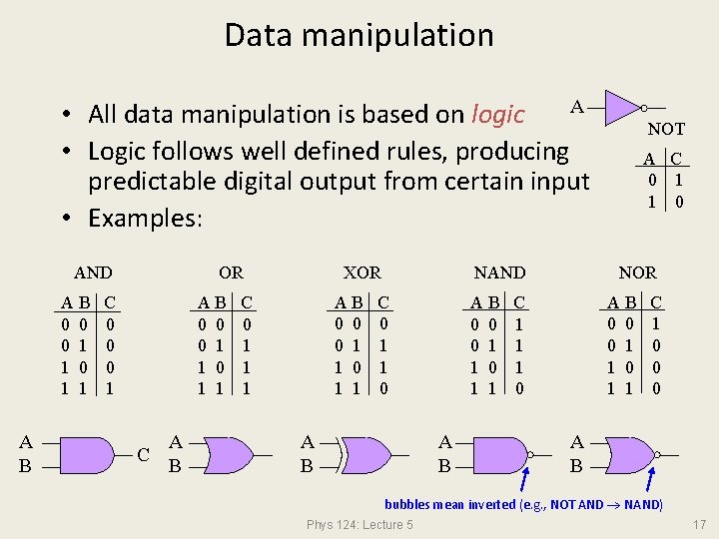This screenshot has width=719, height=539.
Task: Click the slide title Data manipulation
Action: [x=359, y=36]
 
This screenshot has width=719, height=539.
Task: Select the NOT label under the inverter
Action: [x=666, y=129]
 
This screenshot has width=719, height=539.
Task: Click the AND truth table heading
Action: [x=93, y=272]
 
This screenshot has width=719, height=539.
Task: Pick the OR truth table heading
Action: [x=231, y=272]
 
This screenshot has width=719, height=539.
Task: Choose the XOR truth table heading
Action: [x=361, y=272]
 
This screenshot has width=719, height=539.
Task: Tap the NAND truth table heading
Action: [x=499, y=272]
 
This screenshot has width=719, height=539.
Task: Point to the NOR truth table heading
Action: [x=637, y=272]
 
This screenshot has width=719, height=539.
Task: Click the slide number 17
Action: [x=699, y=524]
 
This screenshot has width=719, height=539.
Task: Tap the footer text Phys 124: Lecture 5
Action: [x=359, y=525]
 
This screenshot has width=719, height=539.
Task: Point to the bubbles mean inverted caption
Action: [x=523, y=504]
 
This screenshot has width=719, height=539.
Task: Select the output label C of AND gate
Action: [x=144, y=455]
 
